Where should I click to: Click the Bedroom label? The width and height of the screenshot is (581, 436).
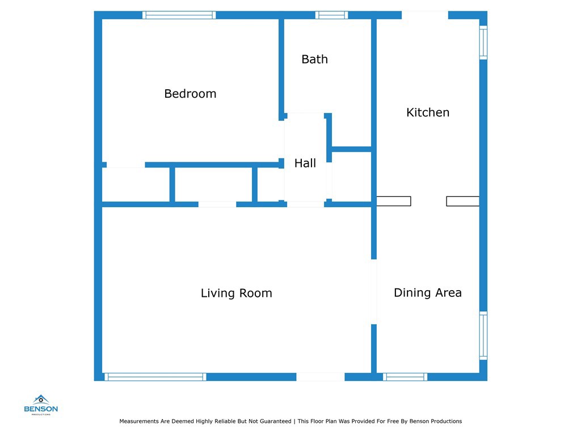pyautogui.click(x=190, y=94)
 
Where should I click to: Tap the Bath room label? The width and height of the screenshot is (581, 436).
pyautogui.click(x=314, y=59)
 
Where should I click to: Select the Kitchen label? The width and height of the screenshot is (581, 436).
pyautogui.click(x=428, y=112)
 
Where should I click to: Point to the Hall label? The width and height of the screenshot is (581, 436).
pyautogui.click(x=305, y=163)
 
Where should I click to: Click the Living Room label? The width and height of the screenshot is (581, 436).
pyautogui.click(x=237, y=294)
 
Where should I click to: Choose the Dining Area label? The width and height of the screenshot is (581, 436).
pyautogui.click(x=428, y=292)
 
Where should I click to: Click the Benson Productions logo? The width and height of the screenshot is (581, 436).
pyautogui.click(x=41, y=405)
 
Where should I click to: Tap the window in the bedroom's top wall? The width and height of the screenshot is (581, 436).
pyautogui.click(x=179, y=15)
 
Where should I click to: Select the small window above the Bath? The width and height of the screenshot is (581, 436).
pyautogui.click(x=331, y=15)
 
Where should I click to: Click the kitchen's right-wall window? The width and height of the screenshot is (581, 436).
pyautogui.click(x=483, y=42)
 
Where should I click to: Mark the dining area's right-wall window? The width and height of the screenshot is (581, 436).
pyautogui.click(x=483, y=336)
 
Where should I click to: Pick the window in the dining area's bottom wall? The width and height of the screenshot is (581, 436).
pyautogui.click(x=405, y=377)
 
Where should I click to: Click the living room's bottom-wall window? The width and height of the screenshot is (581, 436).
pyautogui.click(x=155, y=377)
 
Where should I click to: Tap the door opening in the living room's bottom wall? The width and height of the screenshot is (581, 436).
pyautogui.click(x=321, y=377)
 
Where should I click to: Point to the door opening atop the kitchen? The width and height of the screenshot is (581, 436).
pyautogui.click(x=425, y=15)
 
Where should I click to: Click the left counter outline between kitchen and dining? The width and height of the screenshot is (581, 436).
pyautogui.click(x=394, y=201)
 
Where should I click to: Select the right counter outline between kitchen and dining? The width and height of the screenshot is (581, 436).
pyautogui.click(x=463, y=201)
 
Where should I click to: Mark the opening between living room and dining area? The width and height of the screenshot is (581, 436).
pyautogui.click(x=374, y=292)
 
